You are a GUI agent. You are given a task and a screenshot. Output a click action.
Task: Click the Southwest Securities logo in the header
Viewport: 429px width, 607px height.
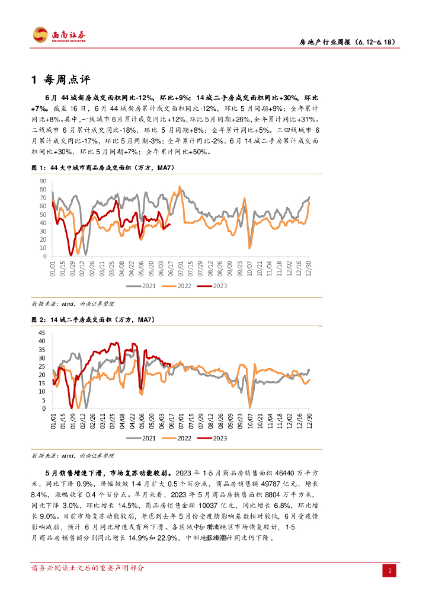(59, 35)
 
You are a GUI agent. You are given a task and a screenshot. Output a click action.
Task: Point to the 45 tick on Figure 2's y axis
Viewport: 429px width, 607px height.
(43, 333)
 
